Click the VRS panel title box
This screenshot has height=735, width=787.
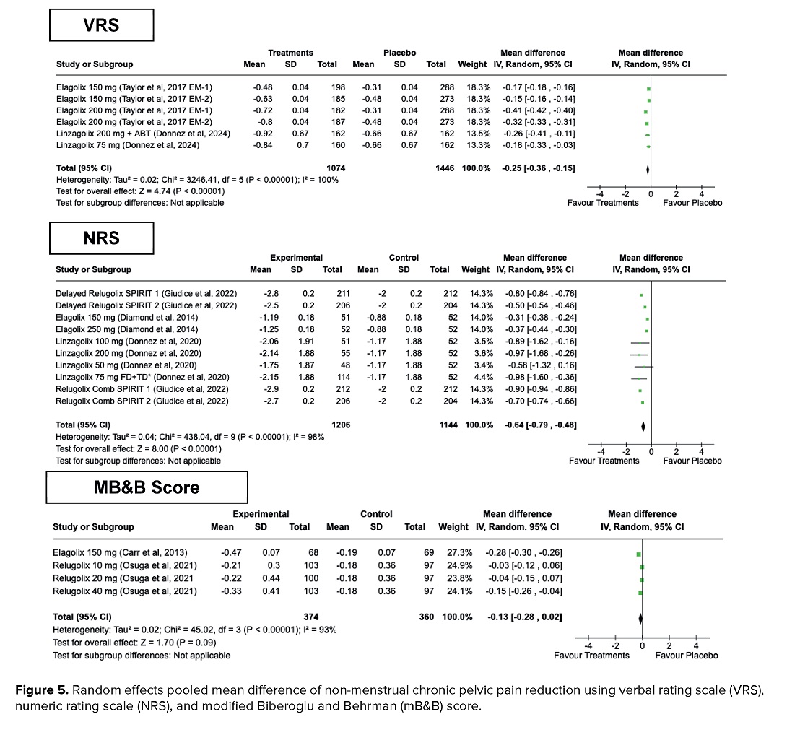coord(101,25)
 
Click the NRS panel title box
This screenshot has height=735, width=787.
coord(101,237)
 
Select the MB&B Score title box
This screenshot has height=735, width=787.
coord(147,487)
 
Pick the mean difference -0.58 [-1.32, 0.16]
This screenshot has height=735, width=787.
coord(540,365)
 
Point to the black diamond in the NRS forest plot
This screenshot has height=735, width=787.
coord(643,425)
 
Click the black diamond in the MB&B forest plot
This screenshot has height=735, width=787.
coord(640,617)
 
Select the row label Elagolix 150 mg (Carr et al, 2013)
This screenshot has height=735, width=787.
coord(121,553)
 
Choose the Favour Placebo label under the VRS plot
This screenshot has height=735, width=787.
coord(692,203)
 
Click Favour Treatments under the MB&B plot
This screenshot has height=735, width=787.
coord(591,656)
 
